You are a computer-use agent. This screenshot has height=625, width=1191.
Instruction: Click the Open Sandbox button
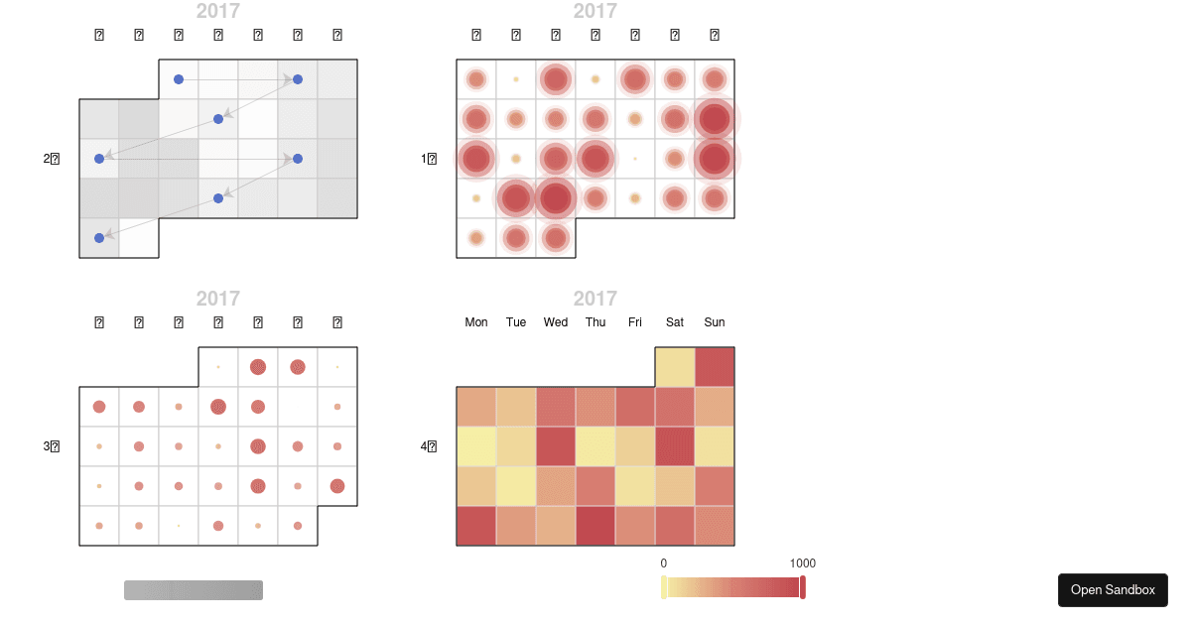pos(1113,589)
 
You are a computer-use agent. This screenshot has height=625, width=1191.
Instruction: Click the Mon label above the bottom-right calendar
pos(476,322)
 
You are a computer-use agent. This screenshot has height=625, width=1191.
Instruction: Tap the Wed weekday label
pos(556,322)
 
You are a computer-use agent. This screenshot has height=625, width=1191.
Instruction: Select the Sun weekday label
pos(715,322)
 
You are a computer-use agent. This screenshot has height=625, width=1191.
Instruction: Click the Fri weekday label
pos(635,322)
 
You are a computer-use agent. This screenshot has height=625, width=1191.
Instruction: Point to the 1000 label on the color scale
pos(802,563)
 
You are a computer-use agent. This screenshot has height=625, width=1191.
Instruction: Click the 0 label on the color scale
pos(664,563)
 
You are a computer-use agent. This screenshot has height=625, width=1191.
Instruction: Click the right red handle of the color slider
pos(803,587)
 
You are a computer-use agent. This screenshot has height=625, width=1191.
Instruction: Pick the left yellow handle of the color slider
pos(664,587)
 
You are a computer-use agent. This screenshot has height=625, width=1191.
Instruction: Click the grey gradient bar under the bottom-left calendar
pos(194,590)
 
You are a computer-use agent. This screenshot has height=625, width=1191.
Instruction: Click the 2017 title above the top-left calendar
pos(217,12)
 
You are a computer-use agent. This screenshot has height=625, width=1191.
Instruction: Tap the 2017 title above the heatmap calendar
pos(595,299)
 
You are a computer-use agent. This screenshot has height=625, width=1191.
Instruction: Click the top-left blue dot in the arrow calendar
pos(179,79)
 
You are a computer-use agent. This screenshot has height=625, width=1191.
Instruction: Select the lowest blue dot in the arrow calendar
pos(99,238)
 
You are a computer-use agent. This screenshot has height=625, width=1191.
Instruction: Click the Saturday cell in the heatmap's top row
pos(675,367)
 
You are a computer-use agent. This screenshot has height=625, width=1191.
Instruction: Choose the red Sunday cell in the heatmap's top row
pos(715,367)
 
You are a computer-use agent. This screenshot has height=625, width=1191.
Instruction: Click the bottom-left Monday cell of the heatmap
pos(476,526)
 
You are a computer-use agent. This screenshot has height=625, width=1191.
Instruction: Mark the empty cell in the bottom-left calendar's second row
pos(298,407)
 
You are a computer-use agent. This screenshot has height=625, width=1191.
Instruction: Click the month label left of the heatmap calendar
pos(429,446)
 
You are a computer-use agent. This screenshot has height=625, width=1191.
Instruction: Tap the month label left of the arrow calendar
pos(52,159)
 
